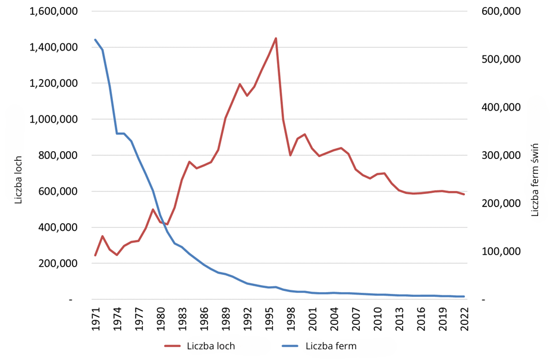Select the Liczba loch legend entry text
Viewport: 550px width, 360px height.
click(210, 346)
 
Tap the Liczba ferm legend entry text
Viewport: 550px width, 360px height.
click(331, 346)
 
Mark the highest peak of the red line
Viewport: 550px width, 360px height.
click(276, 38)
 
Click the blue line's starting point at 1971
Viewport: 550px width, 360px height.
click(95, 40)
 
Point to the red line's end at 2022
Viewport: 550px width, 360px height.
click(464, 195)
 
